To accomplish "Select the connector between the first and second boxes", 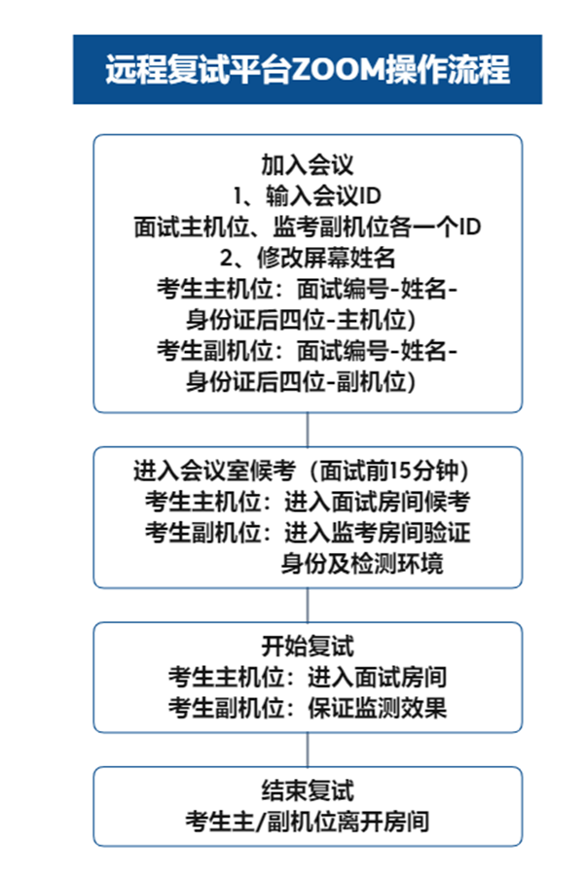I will [308, 430].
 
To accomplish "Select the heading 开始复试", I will [308, 646].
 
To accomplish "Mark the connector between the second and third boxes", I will [308, 605].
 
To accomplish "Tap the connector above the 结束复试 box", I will [308, 750].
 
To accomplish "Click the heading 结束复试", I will [308, 790].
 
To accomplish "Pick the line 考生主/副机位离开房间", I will [308, 823].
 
